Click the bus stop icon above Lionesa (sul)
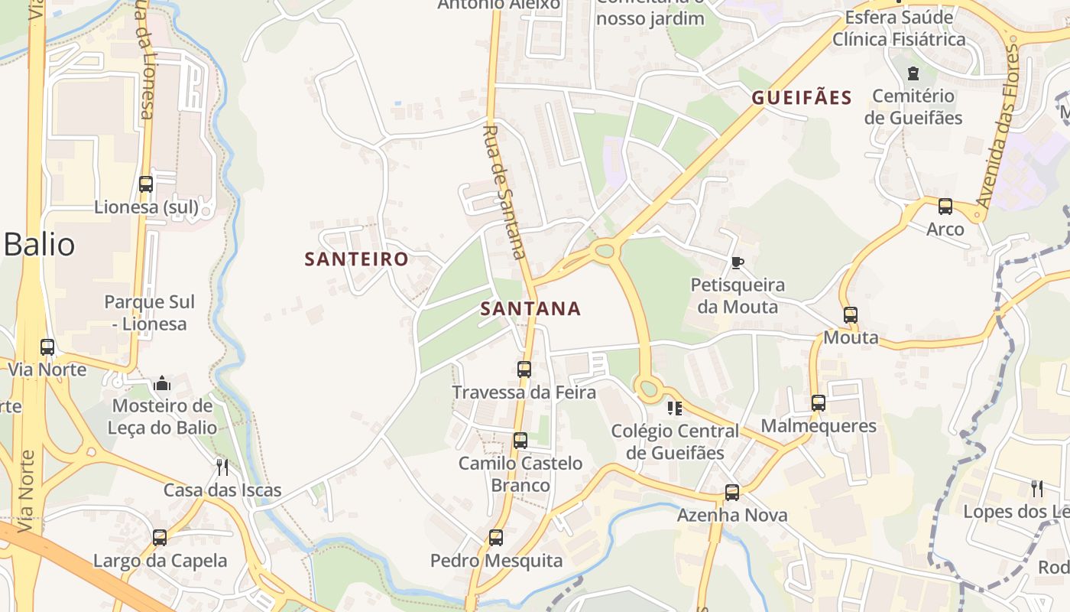point(146,184)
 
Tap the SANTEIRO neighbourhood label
point(357,259)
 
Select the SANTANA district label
point(530,308)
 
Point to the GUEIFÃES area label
point(802,98)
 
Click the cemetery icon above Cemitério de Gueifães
point(913,73)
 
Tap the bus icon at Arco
point(945,207)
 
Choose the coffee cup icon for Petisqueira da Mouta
point(737,262)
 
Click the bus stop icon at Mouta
point(850,314)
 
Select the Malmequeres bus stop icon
point(819,403)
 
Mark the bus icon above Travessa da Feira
point(524,369)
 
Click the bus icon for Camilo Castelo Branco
point(520,441)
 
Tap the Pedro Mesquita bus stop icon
point(496,538)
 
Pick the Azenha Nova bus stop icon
point(732,493)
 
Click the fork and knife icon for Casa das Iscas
point(222,467)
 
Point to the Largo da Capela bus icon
point(160,538)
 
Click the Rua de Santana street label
point(505,191)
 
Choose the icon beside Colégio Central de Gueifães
point(674,409)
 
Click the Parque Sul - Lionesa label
point(149,313)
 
